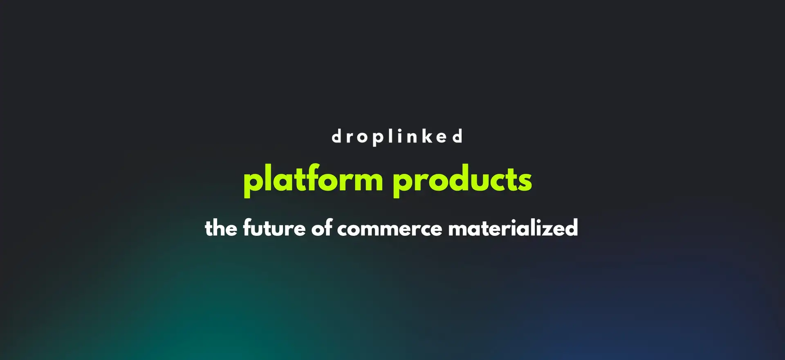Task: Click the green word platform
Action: [313, 180]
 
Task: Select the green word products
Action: [462, 180]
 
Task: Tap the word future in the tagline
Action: [274, 228]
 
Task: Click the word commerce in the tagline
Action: [390, 229]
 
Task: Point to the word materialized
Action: [513, 228]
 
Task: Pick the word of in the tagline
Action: [322, 228]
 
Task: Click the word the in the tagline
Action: [221, 228]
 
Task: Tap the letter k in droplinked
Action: [428, 136]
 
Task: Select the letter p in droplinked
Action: [378, 139]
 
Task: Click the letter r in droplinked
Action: [350, 138]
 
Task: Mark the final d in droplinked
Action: [458, 136]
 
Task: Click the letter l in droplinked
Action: [390, 136]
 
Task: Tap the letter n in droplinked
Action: [412, 138]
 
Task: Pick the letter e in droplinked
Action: [442, 138]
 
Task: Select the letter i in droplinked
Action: [399, 136]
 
